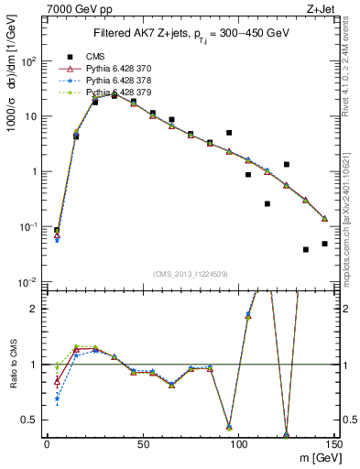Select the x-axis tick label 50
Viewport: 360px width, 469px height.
(x=142, y=444)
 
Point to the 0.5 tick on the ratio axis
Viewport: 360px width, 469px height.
(x=31, y=420)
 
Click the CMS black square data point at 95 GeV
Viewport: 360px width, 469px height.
(x=229, y=133)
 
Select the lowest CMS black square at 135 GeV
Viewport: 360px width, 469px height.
(x=306, y=249)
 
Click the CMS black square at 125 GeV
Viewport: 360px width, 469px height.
(x=287, y=165)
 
